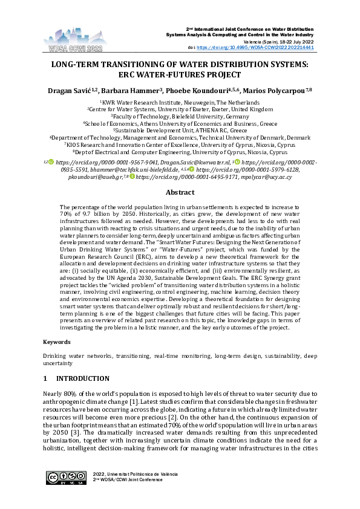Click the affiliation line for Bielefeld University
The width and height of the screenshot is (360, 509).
(180, 116)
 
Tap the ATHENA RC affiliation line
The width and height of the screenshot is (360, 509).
(180, 129)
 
